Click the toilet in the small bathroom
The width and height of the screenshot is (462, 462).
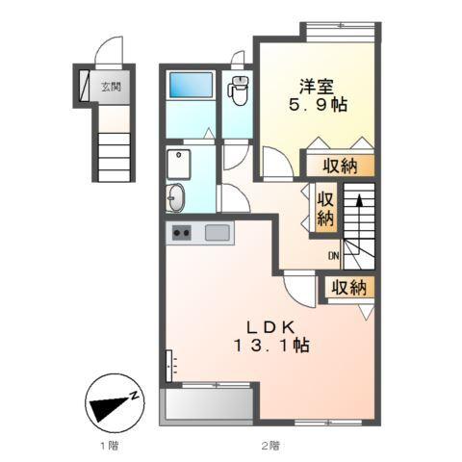click(238, 91)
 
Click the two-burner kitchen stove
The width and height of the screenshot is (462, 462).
click(182, 233)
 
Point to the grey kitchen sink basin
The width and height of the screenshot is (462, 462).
click(218, 232)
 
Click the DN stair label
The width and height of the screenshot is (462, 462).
click(333, 256)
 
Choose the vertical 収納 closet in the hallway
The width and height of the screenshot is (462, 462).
click(325, 208)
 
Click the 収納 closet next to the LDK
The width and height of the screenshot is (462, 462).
click(348, 286)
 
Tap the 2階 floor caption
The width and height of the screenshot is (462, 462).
click(269, 446)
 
